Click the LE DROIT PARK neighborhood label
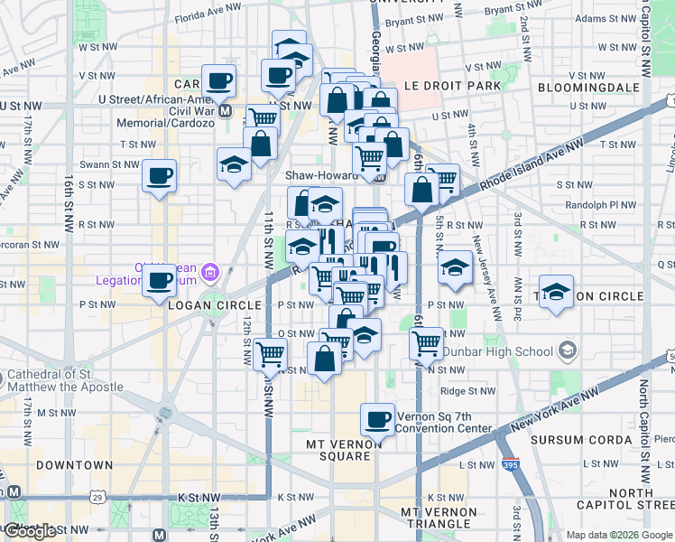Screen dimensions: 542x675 click(450, 87)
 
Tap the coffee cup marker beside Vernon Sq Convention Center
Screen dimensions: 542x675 click(378, 418)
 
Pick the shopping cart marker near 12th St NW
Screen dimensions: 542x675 click(269, 354)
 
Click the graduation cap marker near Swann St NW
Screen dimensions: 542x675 click(234, 164)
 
